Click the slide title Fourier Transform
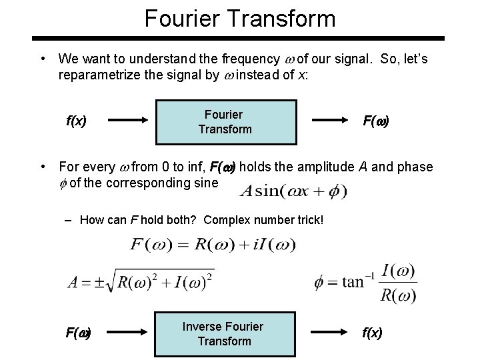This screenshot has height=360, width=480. [240, 17]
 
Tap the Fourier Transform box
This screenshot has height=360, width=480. [225, 122]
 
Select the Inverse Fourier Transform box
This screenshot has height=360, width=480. [224, 334]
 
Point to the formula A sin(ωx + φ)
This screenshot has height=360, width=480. [294, 191]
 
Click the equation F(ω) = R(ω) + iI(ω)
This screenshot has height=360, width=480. [213, 244]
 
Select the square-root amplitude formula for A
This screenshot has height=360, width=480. [141, 281]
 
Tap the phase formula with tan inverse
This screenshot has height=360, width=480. [366, 283]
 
